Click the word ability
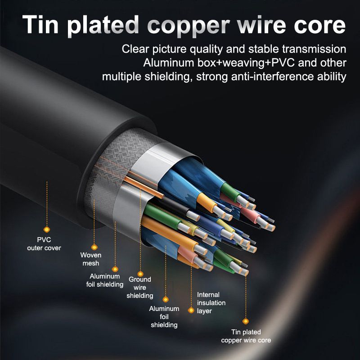click(330, 76)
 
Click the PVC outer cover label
click(44, 244)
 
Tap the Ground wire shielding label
click(139, 288)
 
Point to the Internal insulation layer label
click(211, 302)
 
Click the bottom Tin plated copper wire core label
click(246, 336)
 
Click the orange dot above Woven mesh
click(94, 247)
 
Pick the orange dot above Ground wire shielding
click(140, 274)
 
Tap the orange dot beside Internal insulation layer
click(191, 310)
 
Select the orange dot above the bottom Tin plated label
click(246, 321)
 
